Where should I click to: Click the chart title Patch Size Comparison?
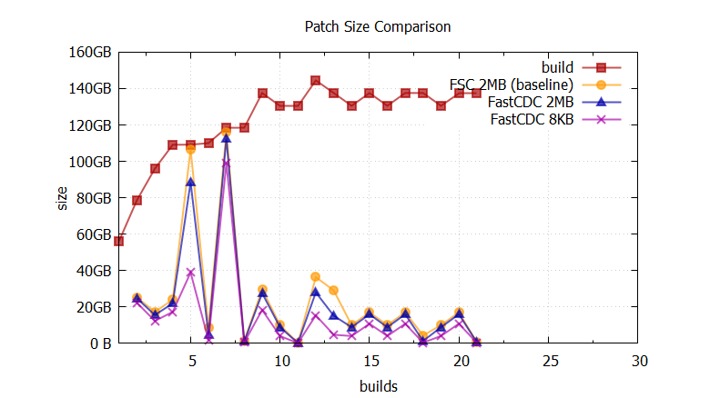377,26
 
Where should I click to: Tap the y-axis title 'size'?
63,197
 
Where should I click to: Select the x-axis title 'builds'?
377,386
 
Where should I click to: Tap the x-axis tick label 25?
550,361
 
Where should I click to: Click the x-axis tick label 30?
639,361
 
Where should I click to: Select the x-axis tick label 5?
191,361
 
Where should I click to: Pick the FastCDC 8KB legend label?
532,119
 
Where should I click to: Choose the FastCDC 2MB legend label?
532,102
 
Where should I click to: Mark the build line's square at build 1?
119,241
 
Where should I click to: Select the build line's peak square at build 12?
316,81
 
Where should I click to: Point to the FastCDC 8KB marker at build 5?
191,273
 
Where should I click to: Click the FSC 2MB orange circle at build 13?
334,291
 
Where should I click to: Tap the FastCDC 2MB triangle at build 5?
191,183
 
